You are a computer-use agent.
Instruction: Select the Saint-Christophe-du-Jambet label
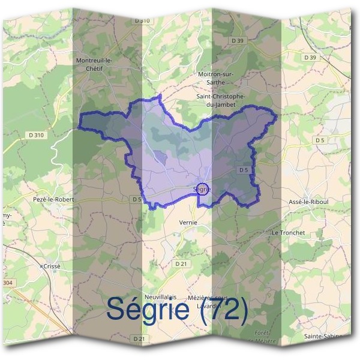220,100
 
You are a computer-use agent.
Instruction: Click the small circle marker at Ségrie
203,189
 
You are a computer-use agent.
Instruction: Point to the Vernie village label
188,222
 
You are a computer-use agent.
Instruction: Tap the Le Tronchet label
289,232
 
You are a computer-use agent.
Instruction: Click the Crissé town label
52,265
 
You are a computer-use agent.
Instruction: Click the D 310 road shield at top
142,20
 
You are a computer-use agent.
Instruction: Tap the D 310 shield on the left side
35,136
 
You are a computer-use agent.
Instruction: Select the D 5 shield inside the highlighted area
243,170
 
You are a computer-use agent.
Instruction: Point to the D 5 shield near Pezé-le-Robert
136,199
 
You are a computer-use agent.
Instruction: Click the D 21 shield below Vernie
181,263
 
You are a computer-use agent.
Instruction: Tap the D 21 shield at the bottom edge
139,339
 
